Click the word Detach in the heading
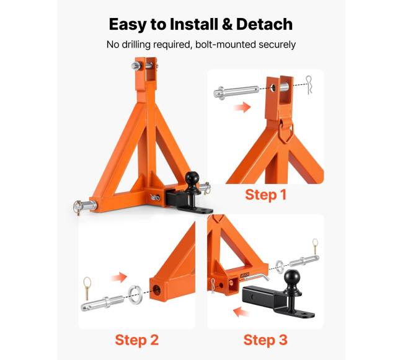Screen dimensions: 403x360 264,24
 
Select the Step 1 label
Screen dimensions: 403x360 266,195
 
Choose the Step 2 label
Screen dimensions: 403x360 137,340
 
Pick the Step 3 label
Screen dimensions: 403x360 265,340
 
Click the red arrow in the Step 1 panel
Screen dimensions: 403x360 242,107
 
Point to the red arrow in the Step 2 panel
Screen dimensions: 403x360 119,278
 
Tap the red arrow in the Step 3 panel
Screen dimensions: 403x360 241,312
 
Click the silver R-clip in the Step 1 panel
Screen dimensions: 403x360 309,85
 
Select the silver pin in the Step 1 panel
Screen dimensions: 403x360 236,92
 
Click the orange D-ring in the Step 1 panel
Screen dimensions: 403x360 285,130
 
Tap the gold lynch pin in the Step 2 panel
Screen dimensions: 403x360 87,288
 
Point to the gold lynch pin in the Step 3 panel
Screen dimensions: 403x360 315,247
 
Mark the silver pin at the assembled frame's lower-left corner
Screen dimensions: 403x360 85,206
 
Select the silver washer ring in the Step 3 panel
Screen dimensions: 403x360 280,266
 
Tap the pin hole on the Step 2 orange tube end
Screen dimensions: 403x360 157,289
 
